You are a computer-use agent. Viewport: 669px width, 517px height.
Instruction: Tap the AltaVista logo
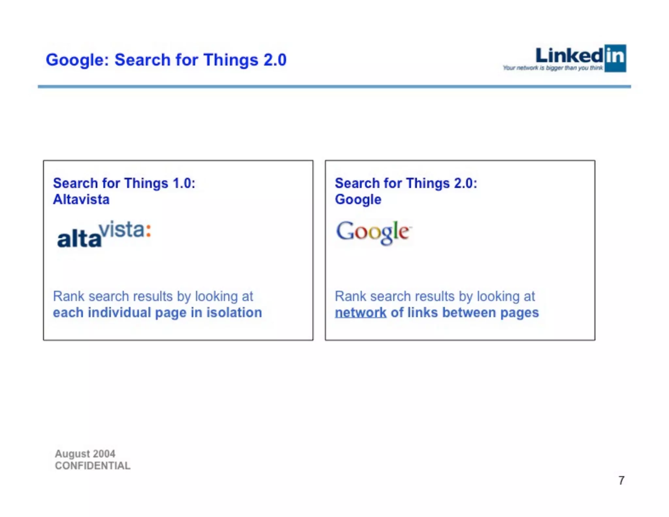click(x=104, y=234)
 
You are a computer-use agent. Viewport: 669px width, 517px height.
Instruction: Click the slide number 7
click(x=621, y=480)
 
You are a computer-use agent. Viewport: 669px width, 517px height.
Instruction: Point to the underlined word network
click(x=361, y=313)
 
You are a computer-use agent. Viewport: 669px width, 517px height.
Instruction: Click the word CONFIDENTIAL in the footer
click(x=93, y=466)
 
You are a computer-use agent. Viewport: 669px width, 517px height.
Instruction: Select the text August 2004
click(x=85, y=454)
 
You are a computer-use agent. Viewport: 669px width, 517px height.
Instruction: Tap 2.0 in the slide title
click(x=275, y=60)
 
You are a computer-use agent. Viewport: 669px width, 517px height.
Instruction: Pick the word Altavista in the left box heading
click(x=81, y=199)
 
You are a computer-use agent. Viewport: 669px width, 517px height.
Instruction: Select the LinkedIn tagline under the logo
click(x=553, y=68)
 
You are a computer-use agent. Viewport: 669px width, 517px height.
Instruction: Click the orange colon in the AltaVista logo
click(x=148, y=230)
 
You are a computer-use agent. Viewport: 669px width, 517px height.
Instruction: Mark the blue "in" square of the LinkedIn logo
click(x=615, y=58)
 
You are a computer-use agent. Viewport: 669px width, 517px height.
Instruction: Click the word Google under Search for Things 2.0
click(x=358, y=200)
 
